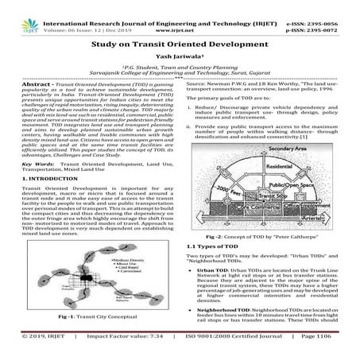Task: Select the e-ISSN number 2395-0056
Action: pyautogui.click(x=335, y=5)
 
